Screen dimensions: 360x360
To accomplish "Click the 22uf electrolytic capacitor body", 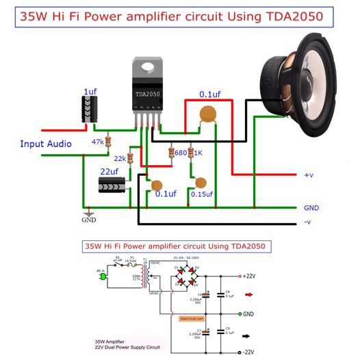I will pyautogui.click(x=112, y=185).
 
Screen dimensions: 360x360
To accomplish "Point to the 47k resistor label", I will pyautogui.click(x=97, y=142).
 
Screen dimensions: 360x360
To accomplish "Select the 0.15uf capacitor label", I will pyautogui.click(x=201, y=194).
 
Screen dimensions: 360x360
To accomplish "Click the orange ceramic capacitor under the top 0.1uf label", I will pyautogui.click(x=204, y=117).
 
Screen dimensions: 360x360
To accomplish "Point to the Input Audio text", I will pyautogui.click(x=45, y=144).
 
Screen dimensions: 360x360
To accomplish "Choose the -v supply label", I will pyautogui.click(x=308, y=223).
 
